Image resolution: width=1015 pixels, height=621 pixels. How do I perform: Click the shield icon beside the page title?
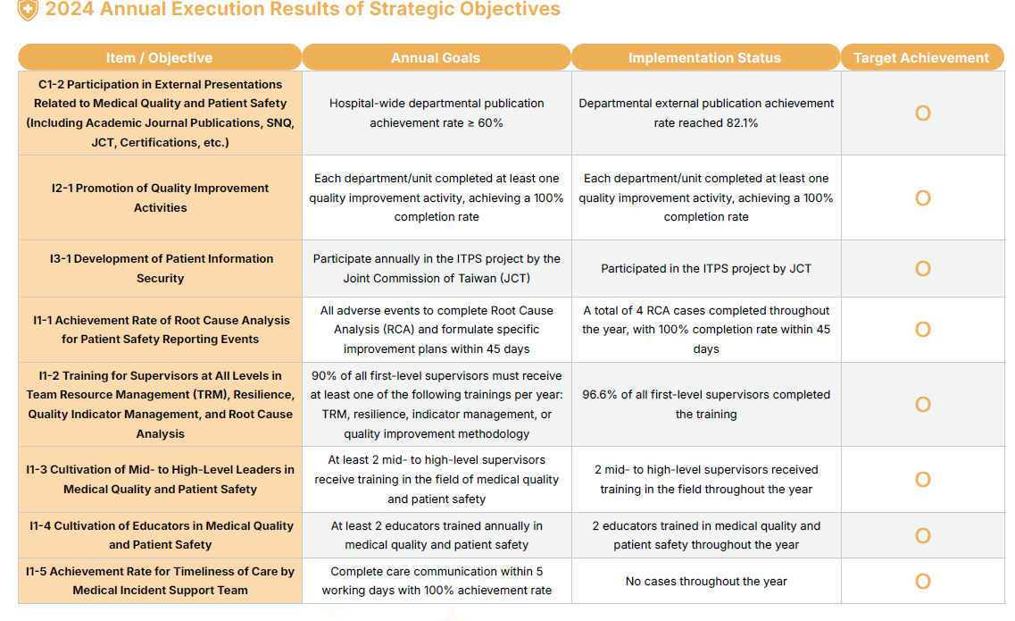tap(28, 10)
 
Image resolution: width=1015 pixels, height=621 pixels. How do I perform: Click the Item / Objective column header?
tap(159, 58)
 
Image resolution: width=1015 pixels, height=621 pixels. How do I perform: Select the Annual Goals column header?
tap(436, 58)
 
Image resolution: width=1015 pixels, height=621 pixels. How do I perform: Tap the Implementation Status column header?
tap(704, 58)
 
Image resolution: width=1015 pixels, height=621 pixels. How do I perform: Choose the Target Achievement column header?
tap(920, 58)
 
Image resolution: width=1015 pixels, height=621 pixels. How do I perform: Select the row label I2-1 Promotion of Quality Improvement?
tap(160, 197)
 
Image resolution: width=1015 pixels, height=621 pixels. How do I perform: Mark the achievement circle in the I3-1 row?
tap(923, 269)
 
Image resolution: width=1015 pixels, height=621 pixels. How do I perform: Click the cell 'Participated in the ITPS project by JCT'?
tap(706, 268)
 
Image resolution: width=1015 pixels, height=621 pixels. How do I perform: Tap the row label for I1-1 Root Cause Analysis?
tap(161, 330)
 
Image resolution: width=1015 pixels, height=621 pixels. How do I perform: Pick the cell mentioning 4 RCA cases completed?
tap(706, 330)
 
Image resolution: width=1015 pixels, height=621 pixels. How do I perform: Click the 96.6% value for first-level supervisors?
tap(600, 395)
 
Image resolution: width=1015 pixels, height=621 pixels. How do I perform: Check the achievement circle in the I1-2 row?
tap(923, 405)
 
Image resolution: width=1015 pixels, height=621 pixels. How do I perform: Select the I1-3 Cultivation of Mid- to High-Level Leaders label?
tap(161, 479)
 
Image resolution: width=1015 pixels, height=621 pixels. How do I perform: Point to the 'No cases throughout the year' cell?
tap(706, 582)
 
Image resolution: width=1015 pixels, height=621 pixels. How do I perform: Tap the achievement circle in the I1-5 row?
tap(923, 582)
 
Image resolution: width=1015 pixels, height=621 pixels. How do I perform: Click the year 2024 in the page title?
tap(70, 10)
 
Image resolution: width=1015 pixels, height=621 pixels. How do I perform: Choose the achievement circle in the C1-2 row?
tap(923, 113)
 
